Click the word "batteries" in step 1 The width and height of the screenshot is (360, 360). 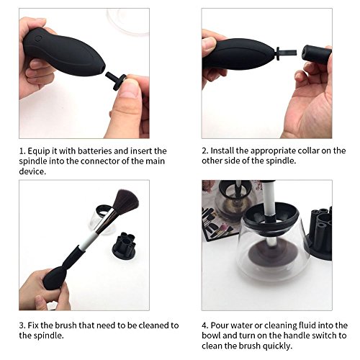point(94,151)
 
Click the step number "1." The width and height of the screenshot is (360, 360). point(22,151)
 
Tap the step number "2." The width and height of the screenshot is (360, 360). point(205,151)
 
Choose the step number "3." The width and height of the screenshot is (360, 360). point(22,325)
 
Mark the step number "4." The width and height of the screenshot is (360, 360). point(205,325)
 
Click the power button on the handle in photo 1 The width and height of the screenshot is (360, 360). point(37,38)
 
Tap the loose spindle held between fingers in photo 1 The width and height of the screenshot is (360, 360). point(116,81)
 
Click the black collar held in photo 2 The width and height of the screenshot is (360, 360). point(316,55)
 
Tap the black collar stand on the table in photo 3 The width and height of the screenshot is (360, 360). point(124,246)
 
